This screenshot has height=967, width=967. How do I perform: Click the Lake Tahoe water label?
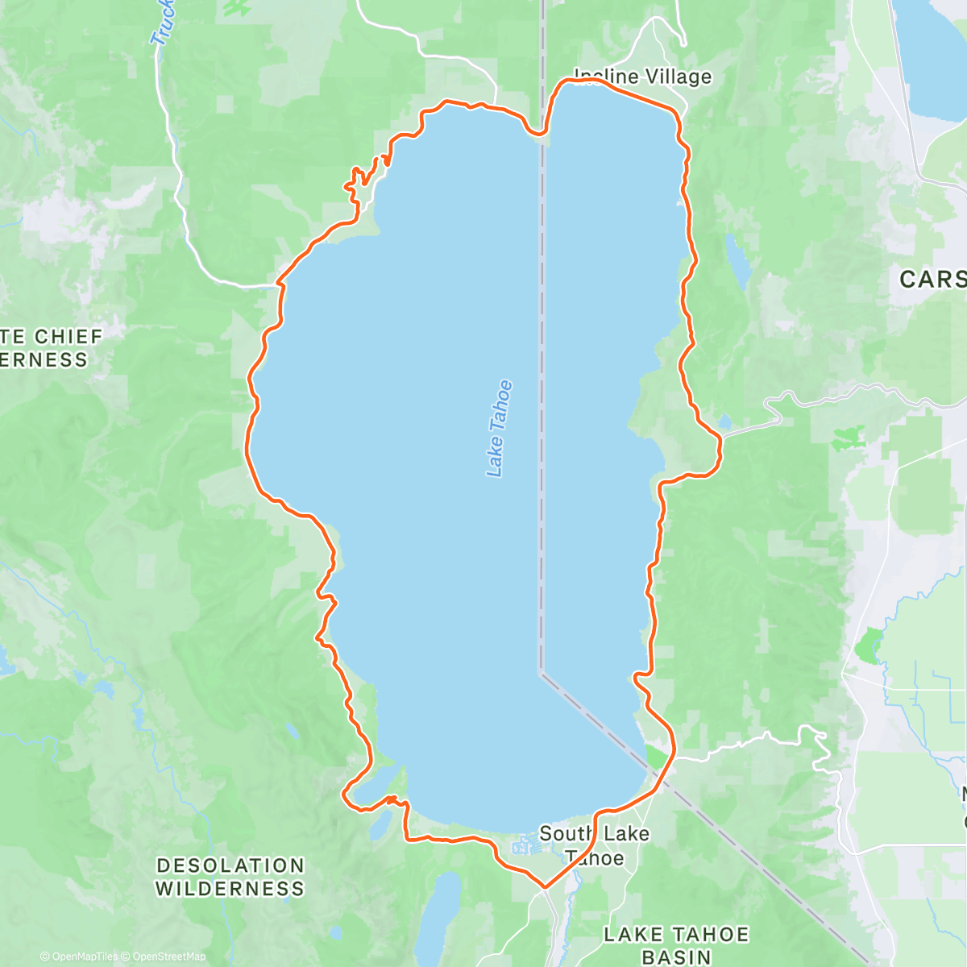point(500,429)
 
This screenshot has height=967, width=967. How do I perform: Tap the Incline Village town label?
point(643,77)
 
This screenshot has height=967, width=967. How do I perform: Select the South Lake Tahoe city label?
point(595,845)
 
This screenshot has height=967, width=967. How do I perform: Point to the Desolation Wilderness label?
point(230,877)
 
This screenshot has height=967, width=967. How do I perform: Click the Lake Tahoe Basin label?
point(676,945)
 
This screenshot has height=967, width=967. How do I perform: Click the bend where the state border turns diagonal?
point(541,672)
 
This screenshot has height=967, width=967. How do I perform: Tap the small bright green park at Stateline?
point(658,757)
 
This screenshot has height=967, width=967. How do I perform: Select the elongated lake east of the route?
point(737,259)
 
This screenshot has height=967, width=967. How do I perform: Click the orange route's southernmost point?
point(546,887)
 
